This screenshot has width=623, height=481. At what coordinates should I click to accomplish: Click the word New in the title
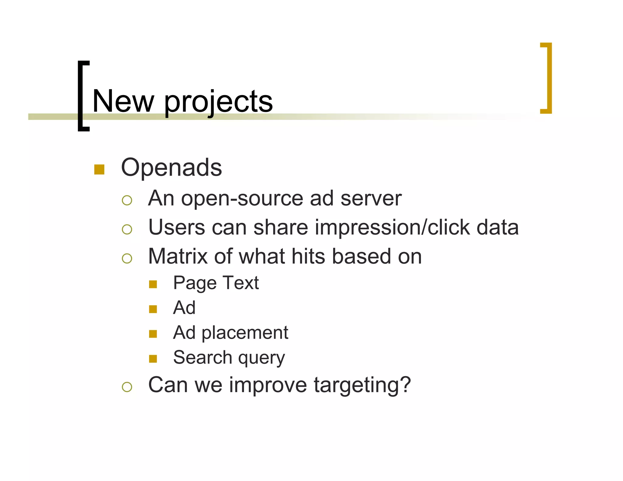(x=123, y=101)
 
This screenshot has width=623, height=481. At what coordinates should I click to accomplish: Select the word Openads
(x=171, y=168)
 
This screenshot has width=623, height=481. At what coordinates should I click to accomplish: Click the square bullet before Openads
(x=99, y=169)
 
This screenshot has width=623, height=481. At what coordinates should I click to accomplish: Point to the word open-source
(x=242, y=199)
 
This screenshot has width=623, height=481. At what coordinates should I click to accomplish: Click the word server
(x=371, y=199)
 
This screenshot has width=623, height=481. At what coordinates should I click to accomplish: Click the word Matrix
(x=178, y=256)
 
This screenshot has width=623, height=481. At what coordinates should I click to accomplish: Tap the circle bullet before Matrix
(x=127, y=258)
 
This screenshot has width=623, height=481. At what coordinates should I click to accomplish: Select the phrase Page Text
(x=216, y=283)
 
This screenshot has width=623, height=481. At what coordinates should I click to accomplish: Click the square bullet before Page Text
(x=153, y=284)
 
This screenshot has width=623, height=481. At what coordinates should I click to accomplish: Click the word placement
(x=245, y=333)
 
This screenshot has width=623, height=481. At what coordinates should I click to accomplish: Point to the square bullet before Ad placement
(x=153, y=334)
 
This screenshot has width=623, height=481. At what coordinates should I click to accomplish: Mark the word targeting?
(x=362, y=386)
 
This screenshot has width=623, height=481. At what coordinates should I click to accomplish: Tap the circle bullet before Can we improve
(x=127, y=387)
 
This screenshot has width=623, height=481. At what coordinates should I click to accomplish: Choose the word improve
(x=268, y=386)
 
